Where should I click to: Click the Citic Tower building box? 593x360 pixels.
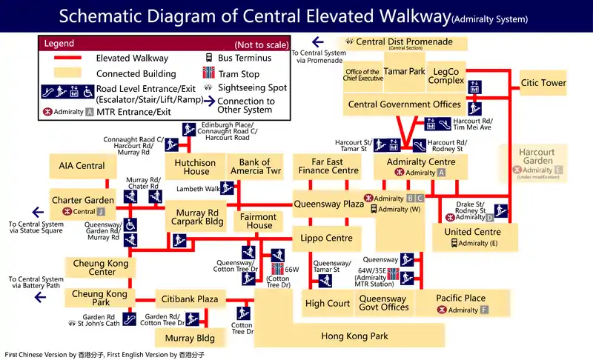tap(543, 83)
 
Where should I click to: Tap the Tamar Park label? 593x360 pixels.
tap(405, 72)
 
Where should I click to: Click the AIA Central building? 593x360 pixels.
tap(82, 166)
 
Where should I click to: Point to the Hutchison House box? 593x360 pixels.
tap(196, 167)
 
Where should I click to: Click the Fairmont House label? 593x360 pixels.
tap(259, 221)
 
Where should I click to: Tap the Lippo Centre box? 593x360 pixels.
tap(326, 239)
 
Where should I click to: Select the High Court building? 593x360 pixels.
tap(328, 303)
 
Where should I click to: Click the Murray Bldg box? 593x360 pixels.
tap(185, 339)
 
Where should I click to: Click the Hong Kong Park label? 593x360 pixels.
tap(354, 336)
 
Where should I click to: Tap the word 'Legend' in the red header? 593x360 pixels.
tap(59, 44)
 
